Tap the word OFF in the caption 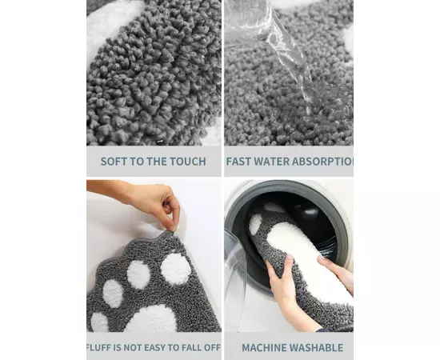click(x=212, y=348)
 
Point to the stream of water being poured click(x=292, y=54)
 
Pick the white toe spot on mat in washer click(x=255, y=224)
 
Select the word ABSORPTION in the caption click(x=322, y=162)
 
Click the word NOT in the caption click(x=132, y=348)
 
